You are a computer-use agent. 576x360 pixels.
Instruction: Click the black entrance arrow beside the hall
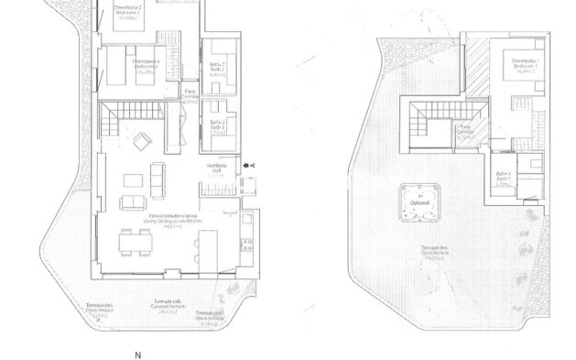(x=247, y=165)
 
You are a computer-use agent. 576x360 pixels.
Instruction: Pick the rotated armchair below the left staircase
(x=141, y=142)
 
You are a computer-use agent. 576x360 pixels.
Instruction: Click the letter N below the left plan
(x=138, y=354)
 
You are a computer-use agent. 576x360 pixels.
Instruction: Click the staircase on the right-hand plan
(x=427, y=125)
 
